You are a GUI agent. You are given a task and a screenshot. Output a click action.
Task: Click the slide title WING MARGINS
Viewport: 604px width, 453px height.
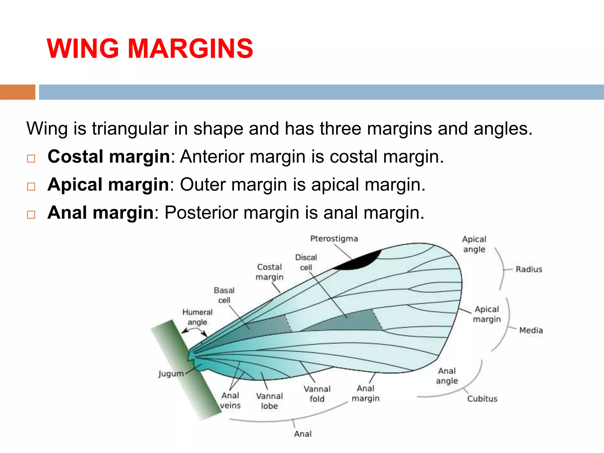(150, 48)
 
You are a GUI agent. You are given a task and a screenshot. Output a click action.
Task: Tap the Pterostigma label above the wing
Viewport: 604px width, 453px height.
(334, 239)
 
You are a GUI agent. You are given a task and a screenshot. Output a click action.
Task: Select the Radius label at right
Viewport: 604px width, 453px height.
(529, 269)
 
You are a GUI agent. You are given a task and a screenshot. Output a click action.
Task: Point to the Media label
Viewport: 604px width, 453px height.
(531, 330)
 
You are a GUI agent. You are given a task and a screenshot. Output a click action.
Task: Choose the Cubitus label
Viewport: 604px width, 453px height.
(482, 399)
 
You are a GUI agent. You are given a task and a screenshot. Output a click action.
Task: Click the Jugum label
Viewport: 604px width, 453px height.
(171, 374)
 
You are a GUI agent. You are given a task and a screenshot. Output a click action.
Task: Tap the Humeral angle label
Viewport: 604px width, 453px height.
(197, 317)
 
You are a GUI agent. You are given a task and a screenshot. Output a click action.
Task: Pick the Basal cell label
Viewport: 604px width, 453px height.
(224, 295)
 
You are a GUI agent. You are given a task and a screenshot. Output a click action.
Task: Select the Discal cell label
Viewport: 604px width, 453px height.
(306, 262)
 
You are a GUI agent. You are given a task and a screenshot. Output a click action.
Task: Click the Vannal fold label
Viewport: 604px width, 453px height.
(317, 394)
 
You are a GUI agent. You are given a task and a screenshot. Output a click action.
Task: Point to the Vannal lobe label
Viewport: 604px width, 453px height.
(269, 401)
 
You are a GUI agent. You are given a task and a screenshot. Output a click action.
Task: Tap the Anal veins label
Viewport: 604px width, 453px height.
(230, 400)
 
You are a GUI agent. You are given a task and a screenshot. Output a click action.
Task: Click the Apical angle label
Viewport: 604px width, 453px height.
(474, 244)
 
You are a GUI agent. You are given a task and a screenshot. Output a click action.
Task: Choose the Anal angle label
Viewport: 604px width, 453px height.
(447, 376)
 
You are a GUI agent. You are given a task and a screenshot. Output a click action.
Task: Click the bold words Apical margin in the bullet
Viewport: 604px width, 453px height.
(108, 185)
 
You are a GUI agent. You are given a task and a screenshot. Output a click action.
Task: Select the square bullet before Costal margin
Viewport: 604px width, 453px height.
(31, 159)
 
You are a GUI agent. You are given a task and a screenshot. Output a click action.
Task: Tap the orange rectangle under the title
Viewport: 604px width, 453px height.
(18, 92)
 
